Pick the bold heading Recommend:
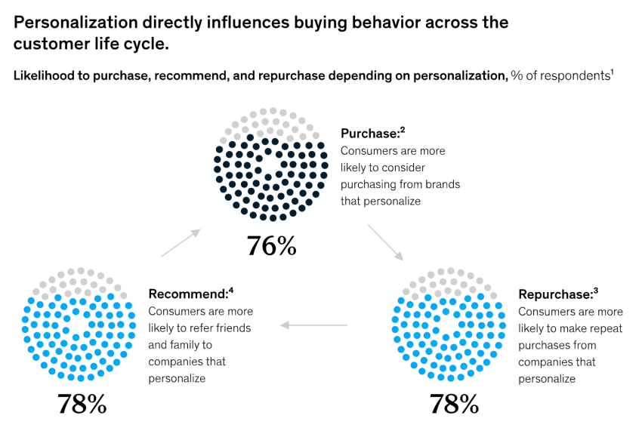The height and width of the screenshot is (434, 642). click(188, 294)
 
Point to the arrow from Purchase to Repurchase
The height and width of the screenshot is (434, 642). click(385, 242)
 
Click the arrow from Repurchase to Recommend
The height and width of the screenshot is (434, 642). click(313, 325)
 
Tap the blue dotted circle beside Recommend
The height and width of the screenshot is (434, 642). click(79, 324)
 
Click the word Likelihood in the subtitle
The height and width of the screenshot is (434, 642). click(42, 76)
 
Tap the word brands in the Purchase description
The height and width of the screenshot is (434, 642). click(442, 184)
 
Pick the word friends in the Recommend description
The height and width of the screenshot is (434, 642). click(233, 328)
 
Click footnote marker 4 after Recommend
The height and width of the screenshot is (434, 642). click(231, 290)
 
